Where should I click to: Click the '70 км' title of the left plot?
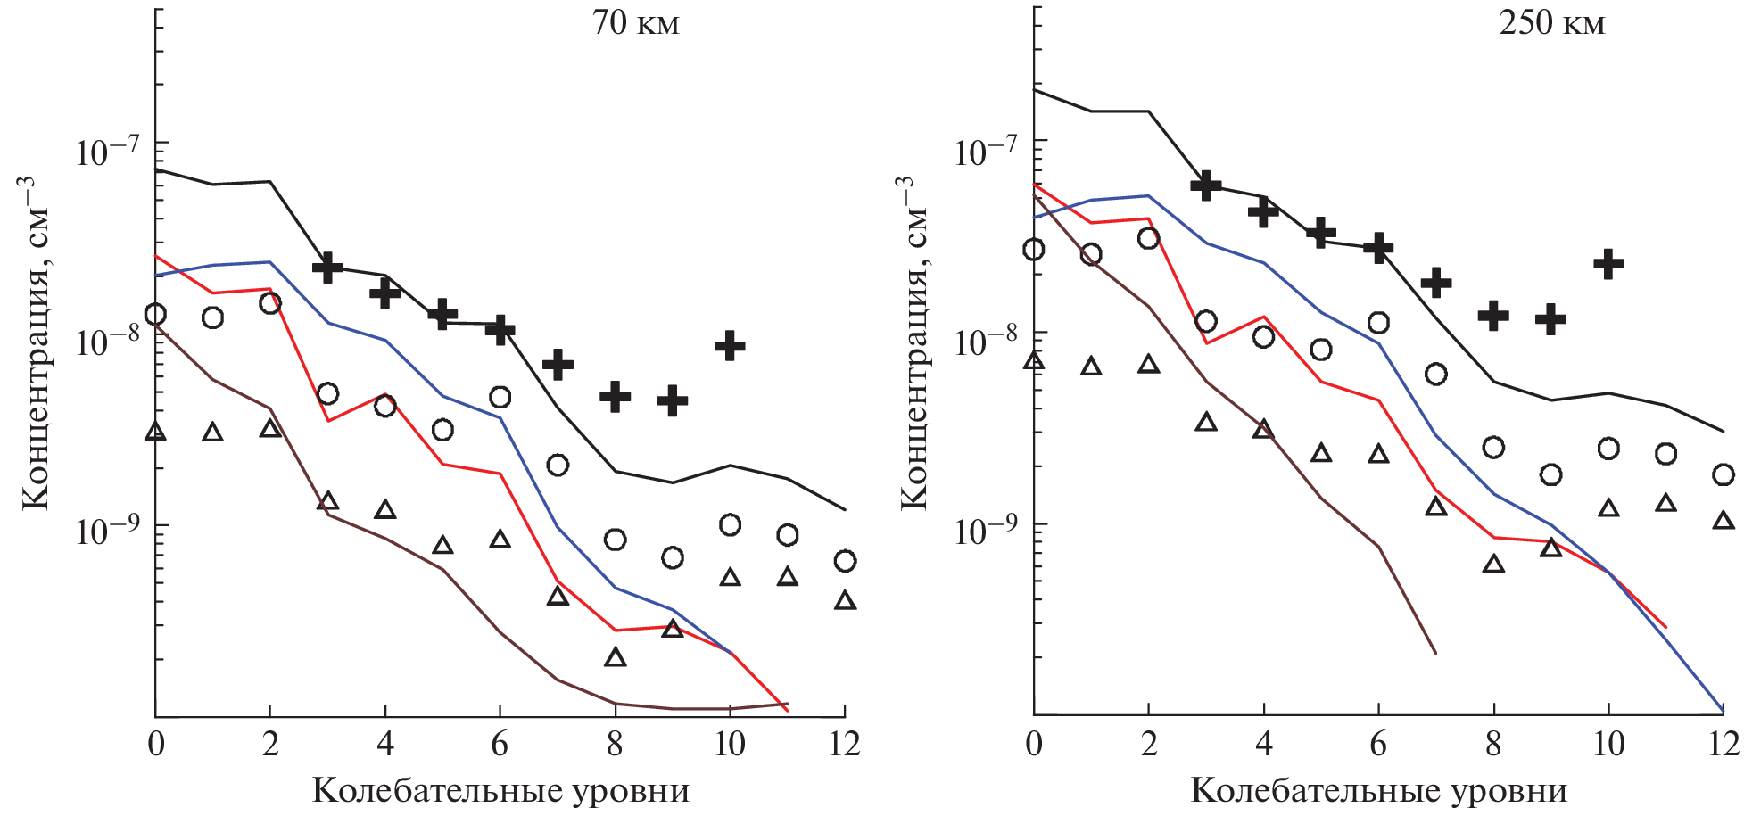[635, 23]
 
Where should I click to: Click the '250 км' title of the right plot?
[1551, 23]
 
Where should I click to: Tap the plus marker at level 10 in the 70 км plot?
[730, 345]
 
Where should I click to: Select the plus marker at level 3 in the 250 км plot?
[1206, 185]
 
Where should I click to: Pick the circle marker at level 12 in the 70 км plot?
[845, 561]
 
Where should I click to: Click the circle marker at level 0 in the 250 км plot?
[1034, 250]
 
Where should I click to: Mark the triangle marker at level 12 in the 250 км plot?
[1723, 520]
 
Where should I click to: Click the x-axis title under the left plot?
[500, 791]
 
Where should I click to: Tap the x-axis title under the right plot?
[1378, 791]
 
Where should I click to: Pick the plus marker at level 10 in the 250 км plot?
[1608, 264]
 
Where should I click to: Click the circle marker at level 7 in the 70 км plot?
[558, 465]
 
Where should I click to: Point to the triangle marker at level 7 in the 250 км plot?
[1436, 507]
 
